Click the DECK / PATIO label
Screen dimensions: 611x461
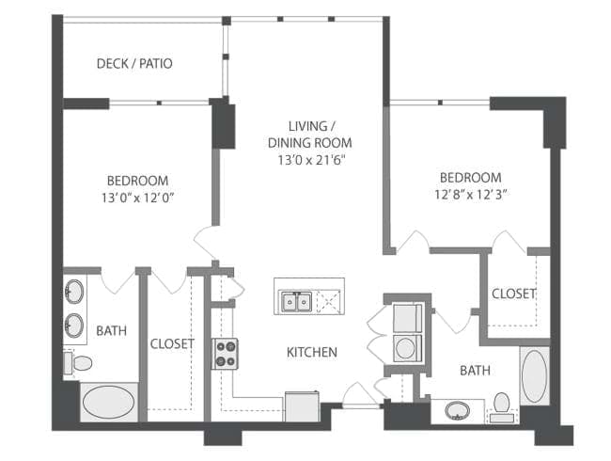click(x=134, y=63)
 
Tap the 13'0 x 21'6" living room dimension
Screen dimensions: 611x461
click(x=312, y=160)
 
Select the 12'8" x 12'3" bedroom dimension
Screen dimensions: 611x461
click(x=470, y=194)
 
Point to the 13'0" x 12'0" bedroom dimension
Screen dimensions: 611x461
click(x=137, y=199)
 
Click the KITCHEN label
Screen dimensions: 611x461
click(x=312, y=352)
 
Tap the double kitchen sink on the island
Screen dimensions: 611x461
click(x=297, y=301)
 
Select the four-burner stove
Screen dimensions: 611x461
click(x=225, y=354)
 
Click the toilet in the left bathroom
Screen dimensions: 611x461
click(x=78, y=363)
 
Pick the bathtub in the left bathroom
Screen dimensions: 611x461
click(x=109, y=402)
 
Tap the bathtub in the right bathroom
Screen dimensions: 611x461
click(x=534, y=376)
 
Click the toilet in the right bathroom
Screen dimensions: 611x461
click(x=502, y=407)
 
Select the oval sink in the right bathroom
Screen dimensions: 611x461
click(x=458, y=411)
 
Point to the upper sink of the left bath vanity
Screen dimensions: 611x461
click(x=73, y=292)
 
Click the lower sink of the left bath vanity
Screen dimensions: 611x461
click(x=73, y=326)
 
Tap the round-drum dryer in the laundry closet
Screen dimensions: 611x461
click(x=407, y=348)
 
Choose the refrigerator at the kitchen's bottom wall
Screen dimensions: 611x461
click(x=303, y=406)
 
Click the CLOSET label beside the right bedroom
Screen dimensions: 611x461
click(x=513, y=294)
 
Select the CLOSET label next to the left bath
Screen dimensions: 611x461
click(x=172, y=343)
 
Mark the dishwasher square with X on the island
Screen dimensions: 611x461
click(x=329, y=301)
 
